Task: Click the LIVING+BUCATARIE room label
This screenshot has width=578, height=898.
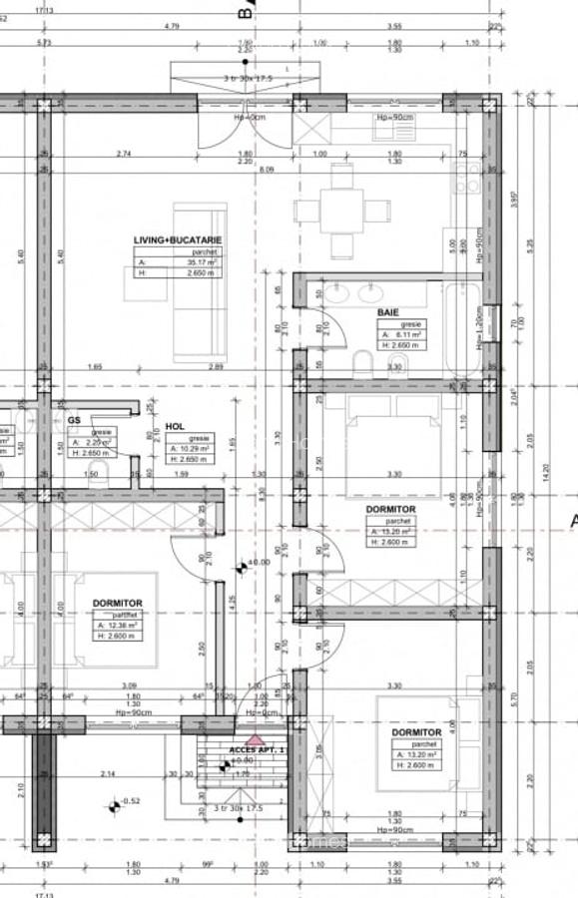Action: (178, 239)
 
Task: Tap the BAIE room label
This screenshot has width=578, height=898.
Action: (388, 312)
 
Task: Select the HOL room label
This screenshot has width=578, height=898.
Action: (175, 425)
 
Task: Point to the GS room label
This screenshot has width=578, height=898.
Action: (74, 420)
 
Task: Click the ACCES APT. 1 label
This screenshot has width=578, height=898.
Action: (257, 748)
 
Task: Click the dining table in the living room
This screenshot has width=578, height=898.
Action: (342, 211)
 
